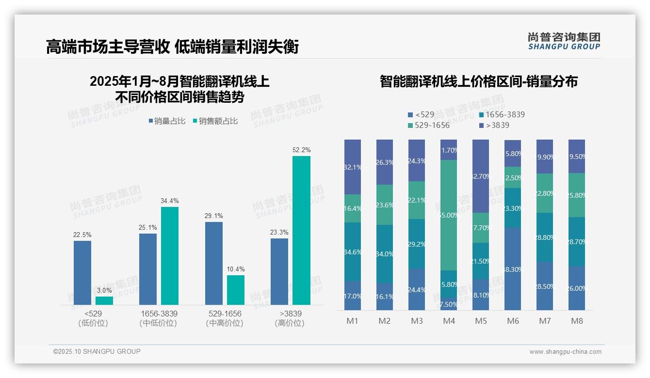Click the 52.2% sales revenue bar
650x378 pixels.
[301, 230]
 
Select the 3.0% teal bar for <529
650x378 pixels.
[104, 300]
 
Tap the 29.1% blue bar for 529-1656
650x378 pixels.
[214, 263]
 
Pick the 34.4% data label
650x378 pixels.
[169, 201]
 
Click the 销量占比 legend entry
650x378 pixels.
[166, 121]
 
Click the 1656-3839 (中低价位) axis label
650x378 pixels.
[158, 318]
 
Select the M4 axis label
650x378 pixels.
[449, 321]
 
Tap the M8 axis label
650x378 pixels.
[577, 321]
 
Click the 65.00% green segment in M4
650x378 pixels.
[449, 215]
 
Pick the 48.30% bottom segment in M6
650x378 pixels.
[513, 269]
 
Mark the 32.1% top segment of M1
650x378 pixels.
[353, 167]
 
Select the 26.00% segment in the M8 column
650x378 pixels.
[577, 288]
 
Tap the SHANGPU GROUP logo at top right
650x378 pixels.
[564, 41]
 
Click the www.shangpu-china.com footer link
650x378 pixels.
[565, 352]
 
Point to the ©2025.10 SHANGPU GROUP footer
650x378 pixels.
[97, 351]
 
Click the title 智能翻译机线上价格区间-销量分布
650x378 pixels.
[478, 81]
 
